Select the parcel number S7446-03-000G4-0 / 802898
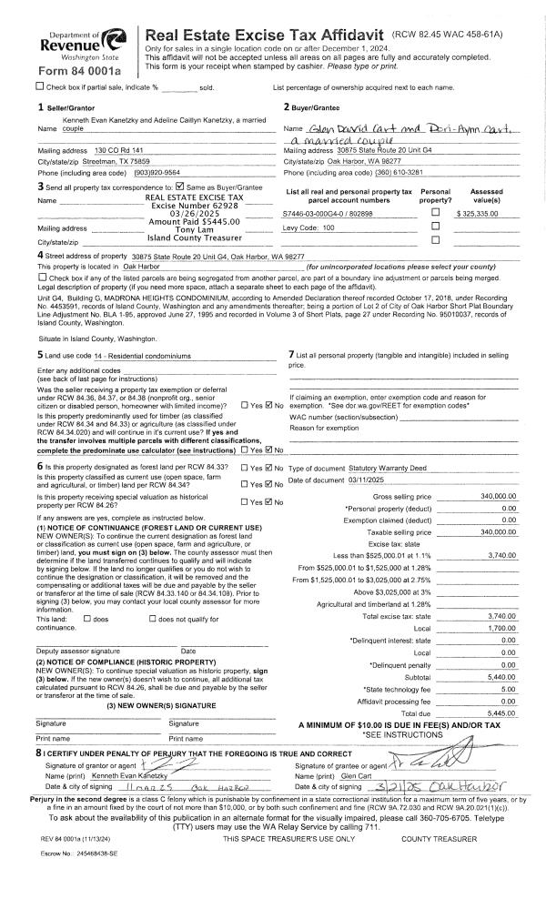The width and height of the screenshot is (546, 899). click(329, 211)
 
